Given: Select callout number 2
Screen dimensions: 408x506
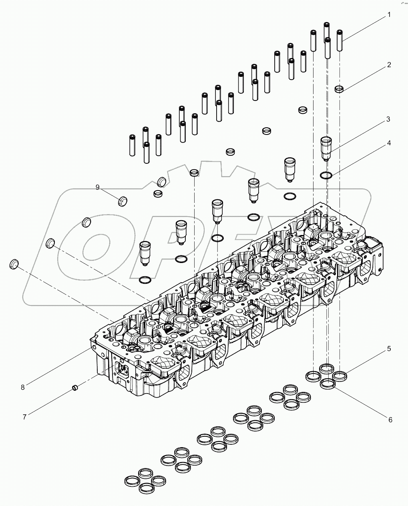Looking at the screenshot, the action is (388, 65).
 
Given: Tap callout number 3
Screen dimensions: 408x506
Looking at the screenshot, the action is (388, 119).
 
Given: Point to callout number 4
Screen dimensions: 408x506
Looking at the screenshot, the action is (388, 143).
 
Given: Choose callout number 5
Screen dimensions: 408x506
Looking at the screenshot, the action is (388, 349).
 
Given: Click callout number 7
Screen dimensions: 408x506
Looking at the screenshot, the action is (24, 417).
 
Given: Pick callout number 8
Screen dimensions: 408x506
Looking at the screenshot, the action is (23, 387).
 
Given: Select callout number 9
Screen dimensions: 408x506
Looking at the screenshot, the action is (97, 187).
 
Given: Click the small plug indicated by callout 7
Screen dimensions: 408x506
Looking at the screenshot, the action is (74, 387).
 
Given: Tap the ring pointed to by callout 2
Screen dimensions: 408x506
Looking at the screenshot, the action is (340, 88).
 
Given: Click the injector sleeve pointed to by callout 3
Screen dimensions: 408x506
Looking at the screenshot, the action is (326, 148).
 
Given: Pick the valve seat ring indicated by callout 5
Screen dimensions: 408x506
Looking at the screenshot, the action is (340, 375).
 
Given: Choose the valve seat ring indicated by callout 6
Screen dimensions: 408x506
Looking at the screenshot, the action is (328, 384).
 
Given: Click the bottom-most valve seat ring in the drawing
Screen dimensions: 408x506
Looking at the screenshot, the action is (146, 488).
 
